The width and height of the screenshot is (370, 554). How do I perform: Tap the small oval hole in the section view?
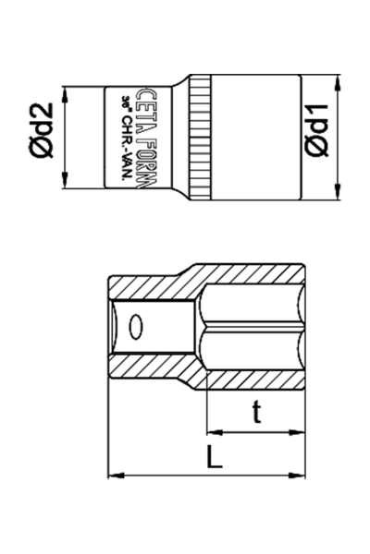point(137,327)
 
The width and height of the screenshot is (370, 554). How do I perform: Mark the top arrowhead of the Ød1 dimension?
point(342,80)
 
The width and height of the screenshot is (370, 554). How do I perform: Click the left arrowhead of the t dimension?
point(212,431)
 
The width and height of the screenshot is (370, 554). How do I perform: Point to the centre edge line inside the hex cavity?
point(254,328)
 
